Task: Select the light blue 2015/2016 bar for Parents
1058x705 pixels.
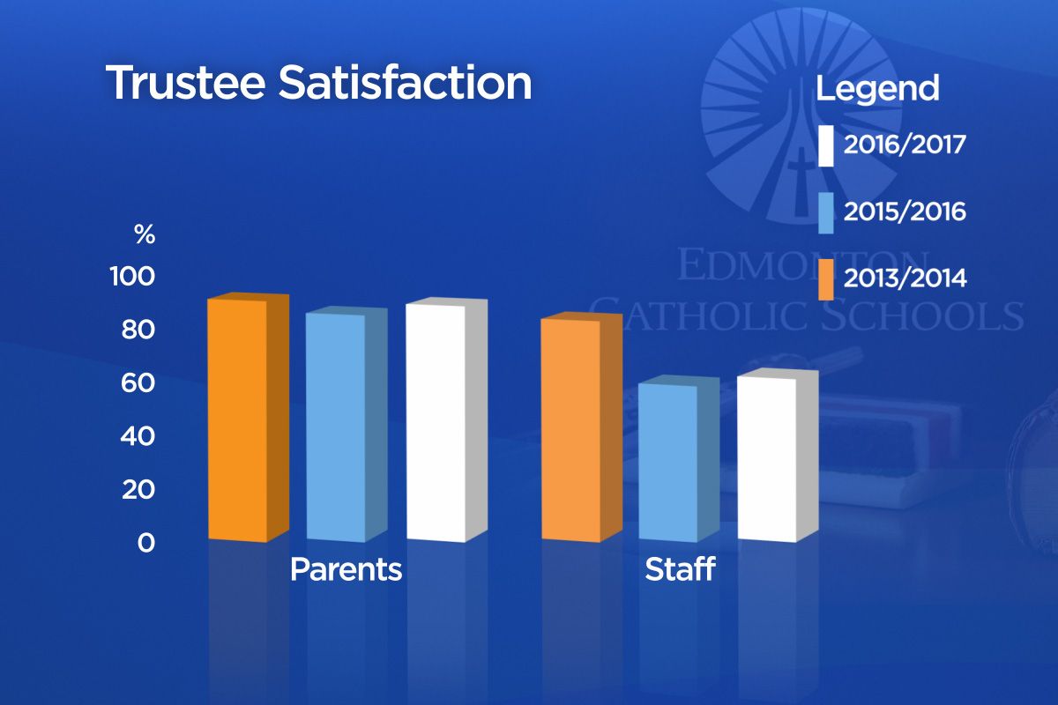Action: pyautogui.click(x=335, y=427)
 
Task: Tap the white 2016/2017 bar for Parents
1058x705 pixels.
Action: pyautogui.click(x=436, y=422)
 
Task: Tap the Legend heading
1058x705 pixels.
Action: pyautogui.click(x=877, y=89)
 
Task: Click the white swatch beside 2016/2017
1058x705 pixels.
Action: pyautogui.click(x=825, y=146)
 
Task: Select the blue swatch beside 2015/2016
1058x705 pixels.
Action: pyautogui.click(x=825, y=212)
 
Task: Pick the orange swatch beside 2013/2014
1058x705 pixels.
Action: pyautogui.click(x=825, y=279)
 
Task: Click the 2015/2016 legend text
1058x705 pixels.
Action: pyautogui.click(x=905, y=212)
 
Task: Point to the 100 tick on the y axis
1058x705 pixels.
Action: pyautogui.click(x=132, y=277)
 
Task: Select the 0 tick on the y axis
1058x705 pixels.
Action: pyautogui.click(x=145, y=543)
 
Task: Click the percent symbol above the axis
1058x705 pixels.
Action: pyautogui.click(x=145, y=235)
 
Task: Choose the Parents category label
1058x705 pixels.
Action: pyautogui.click(x=346, y=569)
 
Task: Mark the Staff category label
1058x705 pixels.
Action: pyautogui.click(x=679, y=569)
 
